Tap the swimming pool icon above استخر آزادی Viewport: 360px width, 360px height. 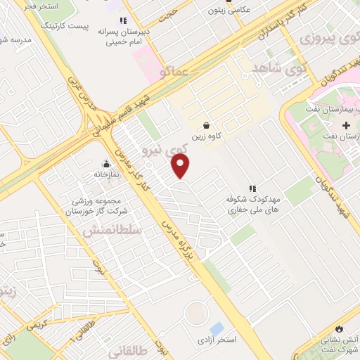tap(217, 328)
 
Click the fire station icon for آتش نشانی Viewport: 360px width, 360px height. tap(340, 328)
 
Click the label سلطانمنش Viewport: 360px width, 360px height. tap(112, 231)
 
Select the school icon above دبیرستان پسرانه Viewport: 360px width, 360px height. tap(124, 22)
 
